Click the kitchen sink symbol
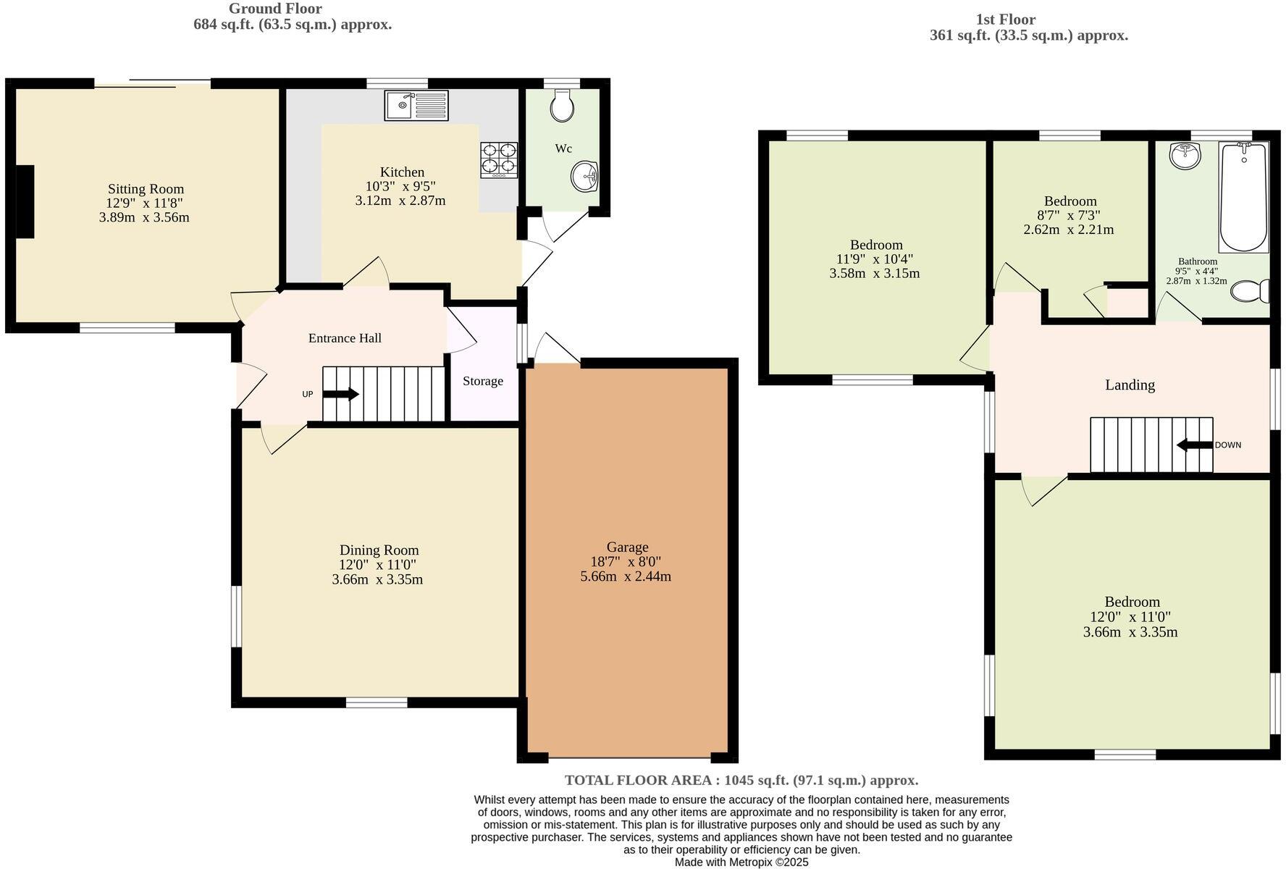point(416,106)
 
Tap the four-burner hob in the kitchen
point(499,159)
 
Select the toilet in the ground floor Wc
point(562,106)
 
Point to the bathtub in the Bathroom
point(1243,196)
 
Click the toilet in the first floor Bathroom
point(1251,292)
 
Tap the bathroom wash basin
point(1185,155)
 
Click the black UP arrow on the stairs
point(340,394)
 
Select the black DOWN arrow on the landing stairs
point(1195,445)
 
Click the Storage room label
point(483,381)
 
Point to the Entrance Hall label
point(345,338)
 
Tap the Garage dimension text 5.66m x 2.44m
point(626,577)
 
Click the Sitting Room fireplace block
point(25,201)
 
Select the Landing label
point(1130,385)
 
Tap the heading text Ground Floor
point(275,9)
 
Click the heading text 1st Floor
point(1006,20)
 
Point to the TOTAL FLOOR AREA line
point(741,780)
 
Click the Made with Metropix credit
point(741,862)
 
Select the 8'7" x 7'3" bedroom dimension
point(1069,215)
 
